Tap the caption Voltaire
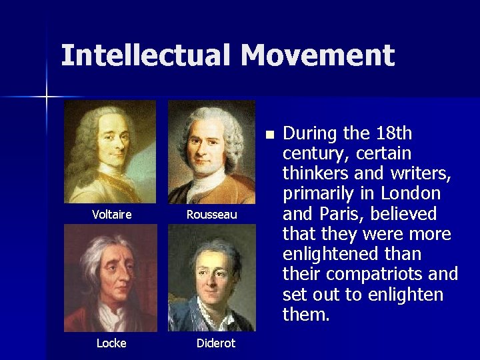tap(111, 215)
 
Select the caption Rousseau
tap(211, 215)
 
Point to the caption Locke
tap(111, 343)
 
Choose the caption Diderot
tap(215, 343)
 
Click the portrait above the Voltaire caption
tap(110, 152)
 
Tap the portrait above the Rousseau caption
tap(211, 152)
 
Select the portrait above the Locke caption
tap(111, 278)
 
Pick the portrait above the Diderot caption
tap(211, 278)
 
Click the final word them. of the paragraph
tap(306, 314)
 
